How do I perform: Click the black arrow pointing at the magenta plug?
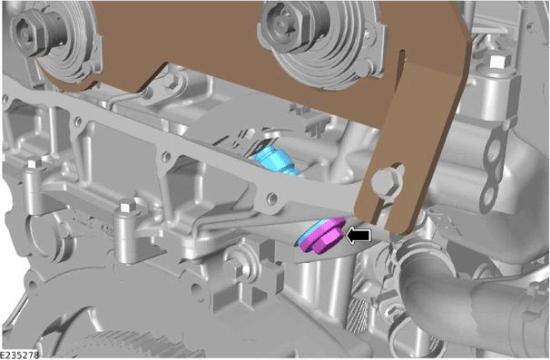pyautogui.click(x=358, y=235)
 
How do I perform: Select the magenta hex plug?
pyautogui.click(x=323, y=237)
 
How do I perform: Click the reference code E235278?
pyautogui.click(x=19, y=355)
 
